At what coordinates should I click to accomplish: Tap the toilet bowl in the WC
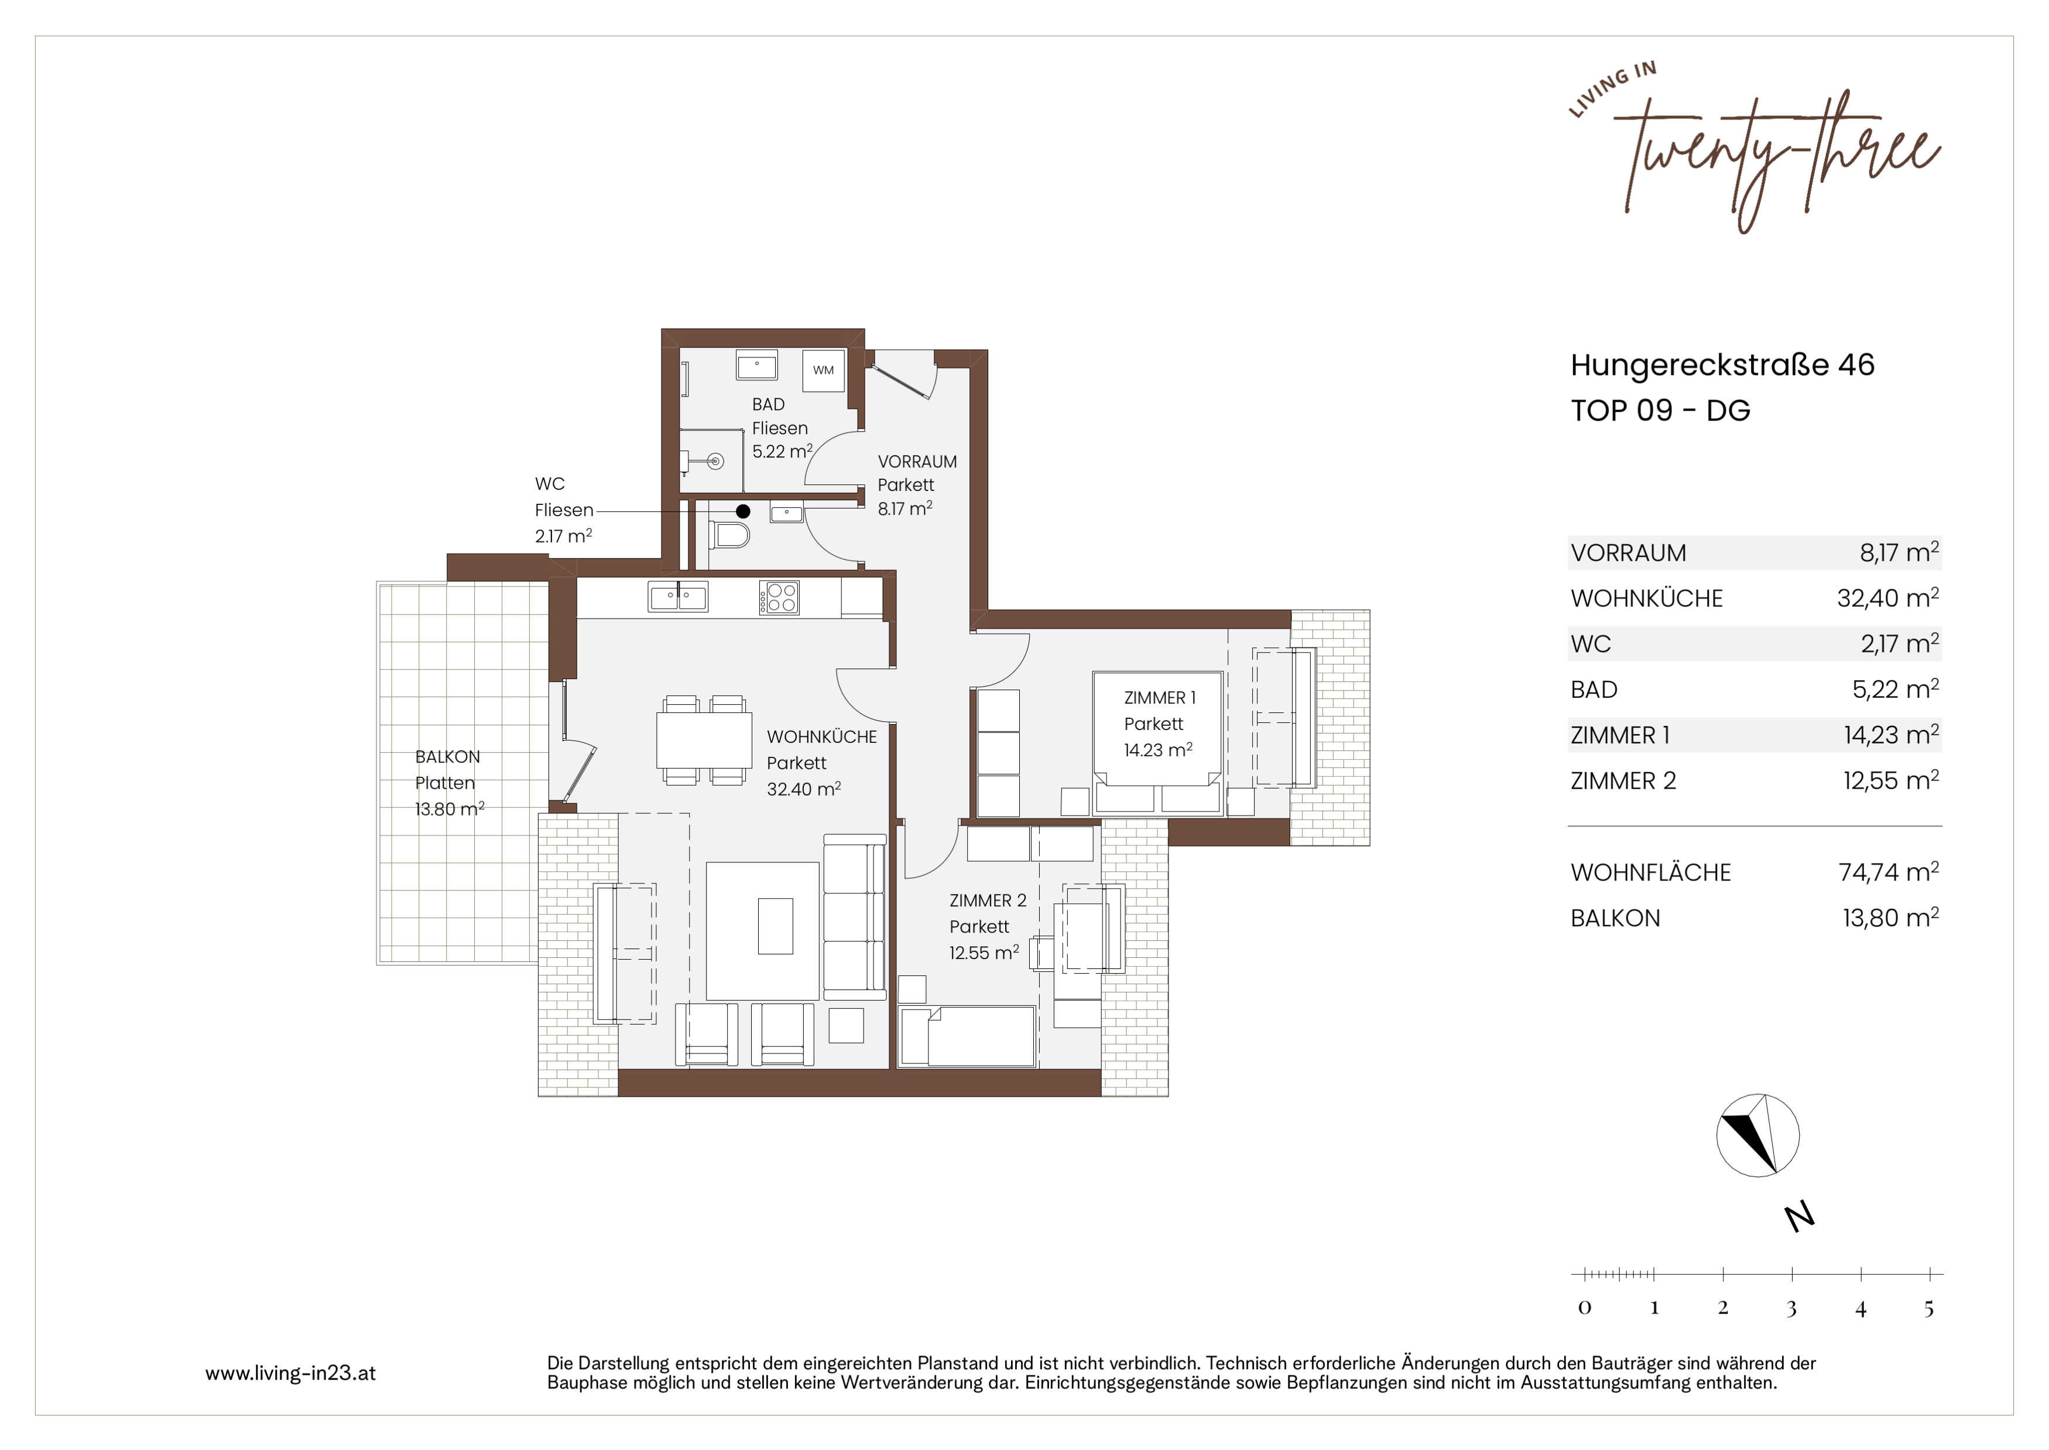tap(732, 535)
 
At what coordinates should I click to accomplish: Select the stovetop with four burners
tap(779, 598)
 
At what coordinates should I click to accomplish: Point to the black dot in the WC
tap(742, 511)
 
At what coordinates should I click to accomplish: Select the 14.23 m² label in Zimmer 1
tap(1157, 750)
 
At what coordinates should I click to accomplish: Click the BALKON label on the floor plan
tap(447, 757)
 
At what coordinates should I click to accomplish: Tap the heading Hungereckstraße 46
tap(1722, 364)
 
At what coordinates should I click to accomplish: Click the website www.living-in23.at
tap(290, 1373)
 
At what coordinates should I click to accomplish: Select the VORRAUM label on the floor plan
tap(917, 462)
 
